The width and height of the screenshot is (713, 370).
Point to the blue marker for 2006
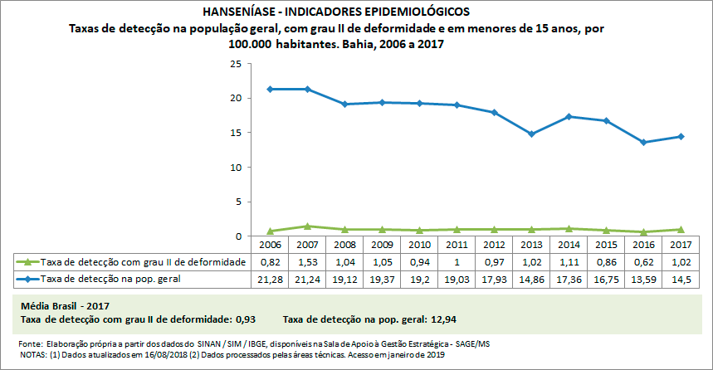point(269,89)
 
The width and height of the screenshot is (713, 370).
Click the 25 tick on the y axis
point(236,64)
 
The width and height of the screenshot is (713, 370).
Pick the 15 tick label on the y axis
point(236,133)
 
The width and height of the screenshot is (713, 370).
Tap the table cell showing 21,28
point(269,280)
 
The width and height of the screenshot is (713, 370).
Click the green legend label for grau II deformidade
point(143,262)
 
